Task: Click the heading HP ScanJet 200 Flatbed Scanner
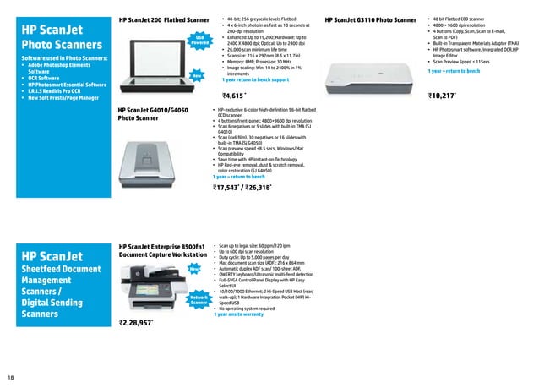tap(164, 19)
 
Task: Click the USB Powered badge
tap(199, 41)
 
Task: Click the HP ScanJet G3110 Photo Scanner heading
tap(371, 19)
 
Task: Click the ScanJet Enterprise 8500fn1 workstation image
tap(154, 287)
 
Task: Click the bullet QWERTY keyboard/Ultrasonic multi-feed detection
tap(265, 275)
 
